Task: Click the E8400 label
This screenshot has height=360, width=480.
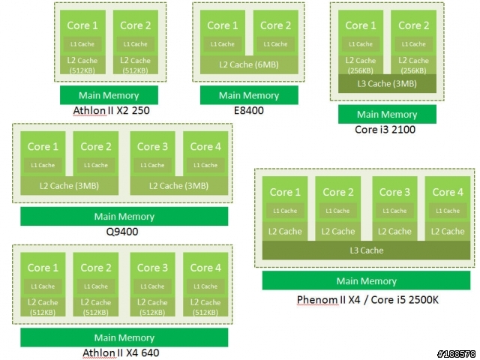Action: coord(248,110)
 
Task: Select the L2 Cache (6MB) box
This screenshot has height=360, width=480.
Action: coord(249,64)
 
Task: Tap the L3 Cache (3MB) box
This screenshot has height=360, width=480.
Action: coord(387,83)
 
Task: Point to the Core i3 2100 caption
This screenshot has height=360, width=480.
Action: coord(385,130)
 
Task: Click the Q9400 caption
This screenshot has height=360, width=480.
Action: coord(122,232)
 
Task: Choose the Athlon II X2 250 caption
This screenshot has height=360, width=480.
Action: coord(112,110)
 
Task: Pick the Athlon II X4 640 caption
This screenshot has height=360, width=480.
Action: coord(121,352)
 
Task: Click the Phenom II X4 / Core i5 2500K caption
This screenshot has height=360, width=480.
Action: coord(367,299)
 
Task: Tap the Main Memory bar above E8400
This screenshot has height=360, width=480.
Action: coord(249,95)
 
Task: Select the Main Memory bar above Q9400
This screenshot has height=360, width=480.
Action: coord(124,217)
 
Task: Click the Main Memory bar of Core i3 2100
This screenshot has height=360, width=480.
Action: coord(387,114)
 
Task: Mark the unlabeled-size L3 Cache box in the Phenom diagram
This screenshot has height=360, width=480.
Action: coord(367,250)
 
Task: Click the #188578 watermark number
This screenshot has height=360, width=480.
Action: coord(457,354)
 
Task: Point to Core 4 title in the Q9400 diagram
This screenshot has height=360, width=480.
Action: coord(205,147)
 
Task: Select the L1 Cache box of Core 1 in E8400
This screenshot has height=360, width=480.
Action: coord(223,44)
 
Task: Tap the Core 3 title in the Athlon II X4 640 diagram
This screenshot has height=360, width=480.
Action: coord(152,268)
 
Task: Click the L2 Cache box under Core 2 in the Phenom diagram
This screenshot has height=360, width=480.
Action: coord(338,232)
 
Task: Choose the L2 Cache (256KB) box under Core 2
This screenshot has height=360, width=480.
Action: coord(413,65)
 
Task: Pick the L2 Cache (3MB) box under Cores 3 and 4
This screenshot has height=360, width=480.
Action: coord(179,186)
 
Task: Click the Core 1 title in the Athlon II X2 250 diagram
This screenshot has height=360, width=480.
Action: coord(82,25)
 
